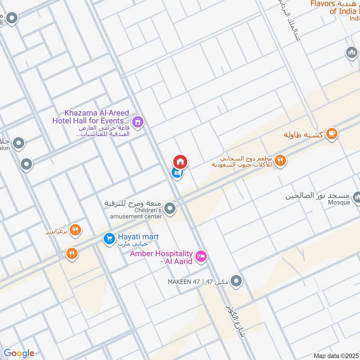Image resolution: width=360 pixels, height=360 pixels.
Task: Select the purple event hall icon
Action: pyautogui.click(x=137, y=121)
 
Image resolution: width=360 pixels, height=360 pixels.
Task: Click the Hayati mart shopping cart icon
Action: pyautogui.click(x=108, y=238)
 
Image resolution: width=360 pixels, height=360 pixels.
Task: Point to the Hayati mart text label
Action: pyautogui.click(x=138, y=237)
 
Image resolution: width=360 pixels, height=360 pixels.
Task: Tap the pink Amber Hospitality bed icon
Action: pyautogui.click(x=202, y=256)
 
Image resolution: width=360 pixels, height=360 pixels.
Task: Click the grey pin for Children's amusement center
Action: pyautogui.click(x=170, y=208)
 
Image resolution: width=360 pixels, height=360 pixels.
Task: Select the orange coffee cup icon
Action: pyautogui.click(x=332, y=133)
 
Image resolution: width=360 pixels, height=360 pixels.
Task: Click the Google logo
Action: pyautogui.click(x=19, y=353)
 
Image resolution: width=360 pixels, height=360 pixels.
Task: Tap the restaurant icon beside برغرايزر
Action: pyautogui.click(x=75, y=231)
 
